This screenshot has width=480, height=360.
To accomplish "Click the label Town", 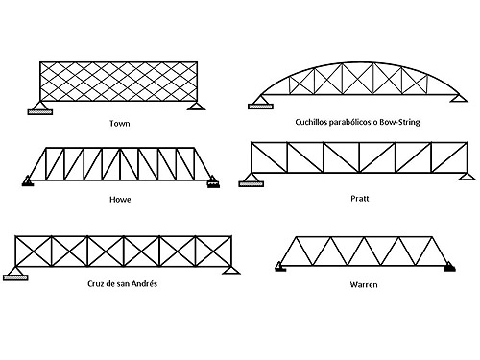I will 120,124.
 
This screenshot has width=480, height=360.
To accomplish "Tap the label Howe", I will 121,200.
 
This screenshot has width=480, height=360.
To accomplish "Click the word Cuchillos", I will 317,123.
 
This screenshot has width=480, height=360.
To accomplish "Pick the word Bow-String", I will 399,123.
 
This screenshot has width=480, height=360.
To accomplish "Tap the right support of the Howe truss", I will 213,179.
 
